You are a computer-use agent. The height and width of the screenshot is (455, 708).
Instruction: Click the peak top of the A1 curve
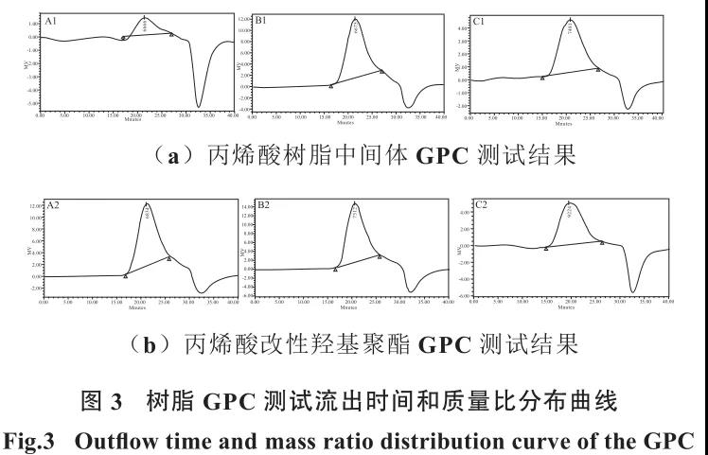(x=144, y=16)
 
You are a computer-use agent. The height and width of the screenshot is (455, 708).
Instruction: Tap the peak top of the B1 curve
(x=355, y=18)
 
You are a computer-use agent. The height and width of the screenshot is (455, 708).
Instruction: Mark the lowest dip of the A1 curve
(x=199, y=106)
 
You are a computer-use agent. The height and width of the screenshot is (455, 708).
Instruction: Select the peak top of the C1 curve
(x=570, y=18)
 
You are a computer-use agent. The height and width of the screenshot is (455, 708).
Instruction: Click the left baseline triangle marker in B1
(x=330, y=86)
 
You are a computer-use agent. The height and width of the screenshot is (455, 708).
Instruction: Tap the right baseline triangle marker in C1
(x=598, y=69)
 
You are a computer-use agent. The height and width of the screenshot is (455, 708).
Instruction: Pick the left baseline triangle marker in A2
(x=126, y=275)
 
